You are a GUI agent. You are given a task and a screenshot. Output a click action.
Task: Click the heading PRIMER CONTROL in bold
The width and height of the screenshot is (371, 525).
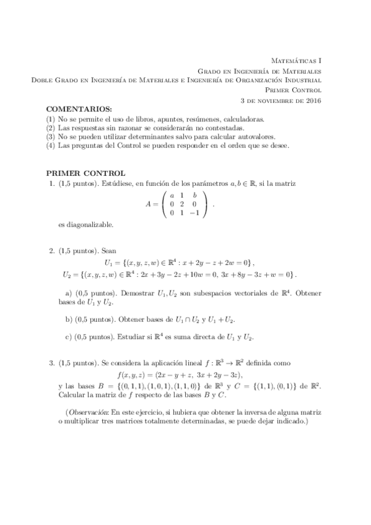click(x=86, y=173)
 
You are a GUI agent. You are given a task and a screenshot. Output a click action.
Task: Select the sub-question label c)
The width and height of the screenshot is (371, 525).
click(x=69, y=337)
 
